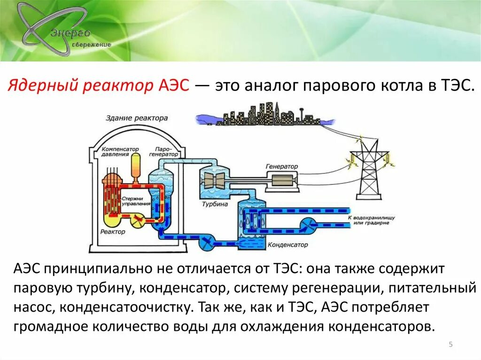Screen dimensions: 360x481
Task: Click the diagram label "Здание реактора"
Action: [137, 118]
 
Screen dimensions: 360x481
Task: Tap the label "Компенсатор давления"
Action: [121, 151]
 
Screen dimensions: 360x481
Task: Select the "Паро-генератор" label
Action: [164, 151]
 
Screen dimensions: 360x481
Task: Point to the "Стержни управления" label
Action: [136, 201]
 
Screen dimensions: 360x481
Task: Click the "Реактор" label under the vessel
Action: [113, 232]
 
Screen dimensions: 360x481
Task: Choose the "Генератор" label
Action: [282, 166]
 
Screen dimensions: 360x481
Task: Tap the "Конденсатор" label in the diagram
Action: [287, 245]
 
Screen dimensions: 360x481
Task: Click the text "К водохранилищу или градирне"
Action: [371, 221]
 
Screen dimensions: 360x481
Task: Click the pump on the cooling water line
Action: [310, 225]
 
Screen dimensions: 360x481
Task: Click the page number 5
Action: [451, 345]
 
